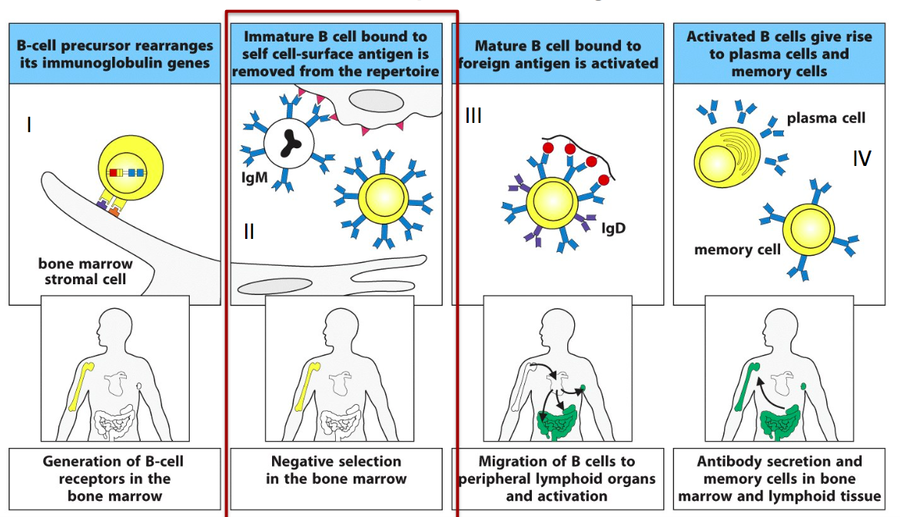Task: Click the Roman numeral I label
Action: tap(28, 124)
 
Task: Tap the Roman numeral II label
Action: tap(248, 231)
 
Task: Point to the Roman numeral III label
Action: tap(473, 115)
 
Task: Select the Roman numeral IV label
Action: tap(862, 157)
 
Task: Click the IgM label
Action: tap(254, 177)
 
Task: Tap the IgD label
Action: tap(613, 228)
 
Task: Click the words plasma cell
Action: tap(825, 118)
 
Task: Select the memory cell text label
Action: tap(737, 250)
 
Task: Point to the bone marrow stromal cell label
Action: tap(85, 271)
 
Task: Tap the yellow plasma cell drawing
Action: tap(726, 157)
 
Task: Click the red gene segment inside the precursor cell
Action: tap(113, 172)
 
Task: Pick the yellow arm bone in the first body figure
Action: tap(81, 386)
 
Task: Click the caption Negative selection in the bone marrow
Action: tap(336, 470)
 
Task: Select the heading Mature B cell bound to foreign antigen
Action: tap(558, 54)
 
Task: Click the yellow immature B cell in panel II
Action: tap(384, 198)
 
